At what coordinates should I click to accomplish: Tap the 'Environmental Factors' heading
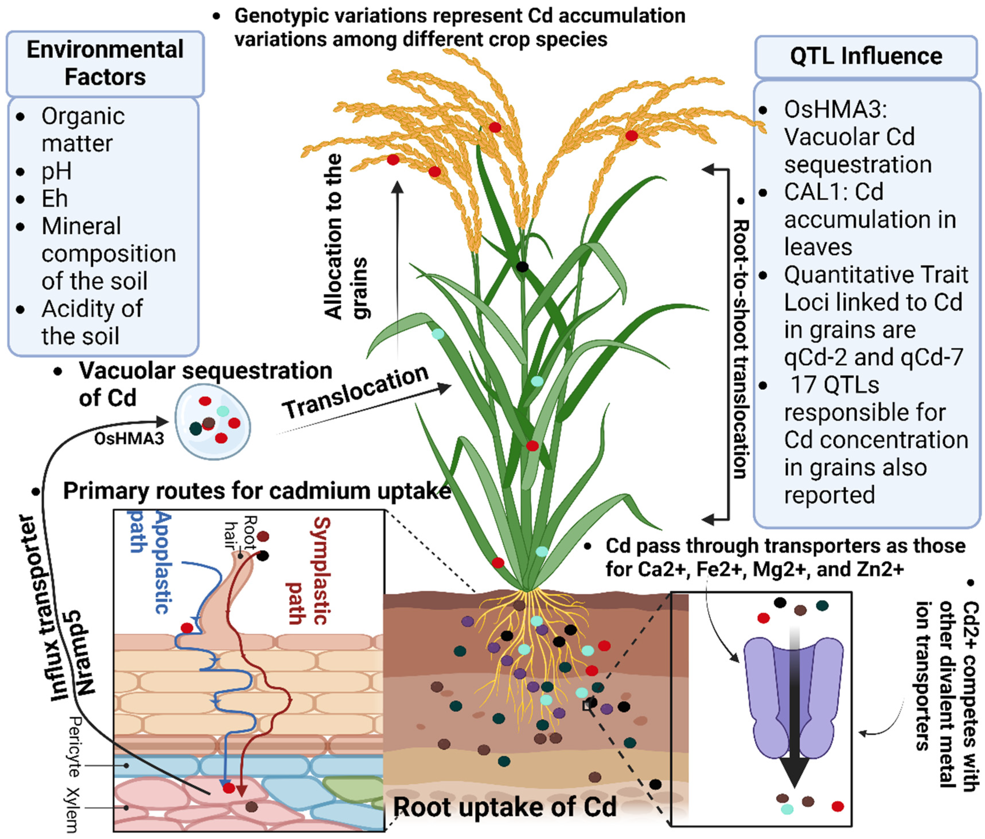[105, 63]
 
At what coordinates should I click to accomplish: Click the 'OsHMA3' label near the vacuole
[129, 438]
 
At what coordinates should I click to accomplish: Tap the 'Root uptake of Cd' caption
[505, 806]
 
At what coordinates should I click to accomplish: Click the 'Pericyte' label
[74, 746]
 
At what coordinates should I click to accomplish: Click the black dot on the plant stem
[522, 266]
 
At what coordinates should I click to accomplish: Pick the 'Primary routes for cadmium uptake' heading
[257, 491]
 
